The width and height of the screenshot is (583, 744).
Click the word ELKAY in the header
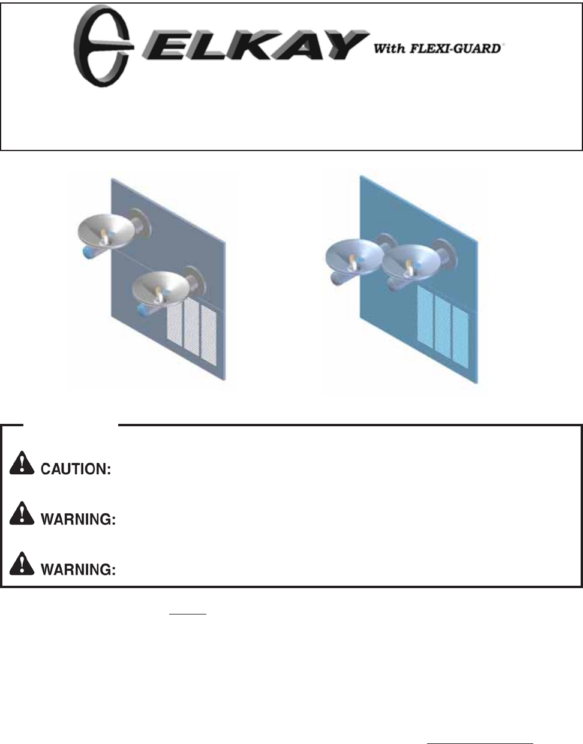pos(255,46)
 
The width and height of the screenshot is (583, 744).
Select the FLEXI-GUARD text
pos(455,49)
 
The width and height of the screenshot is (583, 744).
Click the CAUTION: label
pos(76,469)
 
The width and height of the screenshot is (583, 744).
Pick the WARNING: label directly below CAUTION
pos(78,519)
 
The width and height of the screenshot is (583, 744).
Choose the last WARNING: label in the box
pos(78,570)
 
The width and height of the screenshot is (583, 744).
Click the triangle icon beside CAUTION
pos(22,463)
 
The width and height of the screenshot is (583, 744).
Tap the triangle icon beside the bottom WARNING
pos(22,564)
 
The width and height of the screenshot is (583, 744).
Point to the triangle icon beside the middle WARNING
pos(22,513)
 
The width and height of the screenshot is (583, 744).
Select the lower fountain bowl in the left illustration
pos(160,288)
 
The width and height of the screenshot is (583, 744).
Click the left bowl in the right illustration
pos(354,257)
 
